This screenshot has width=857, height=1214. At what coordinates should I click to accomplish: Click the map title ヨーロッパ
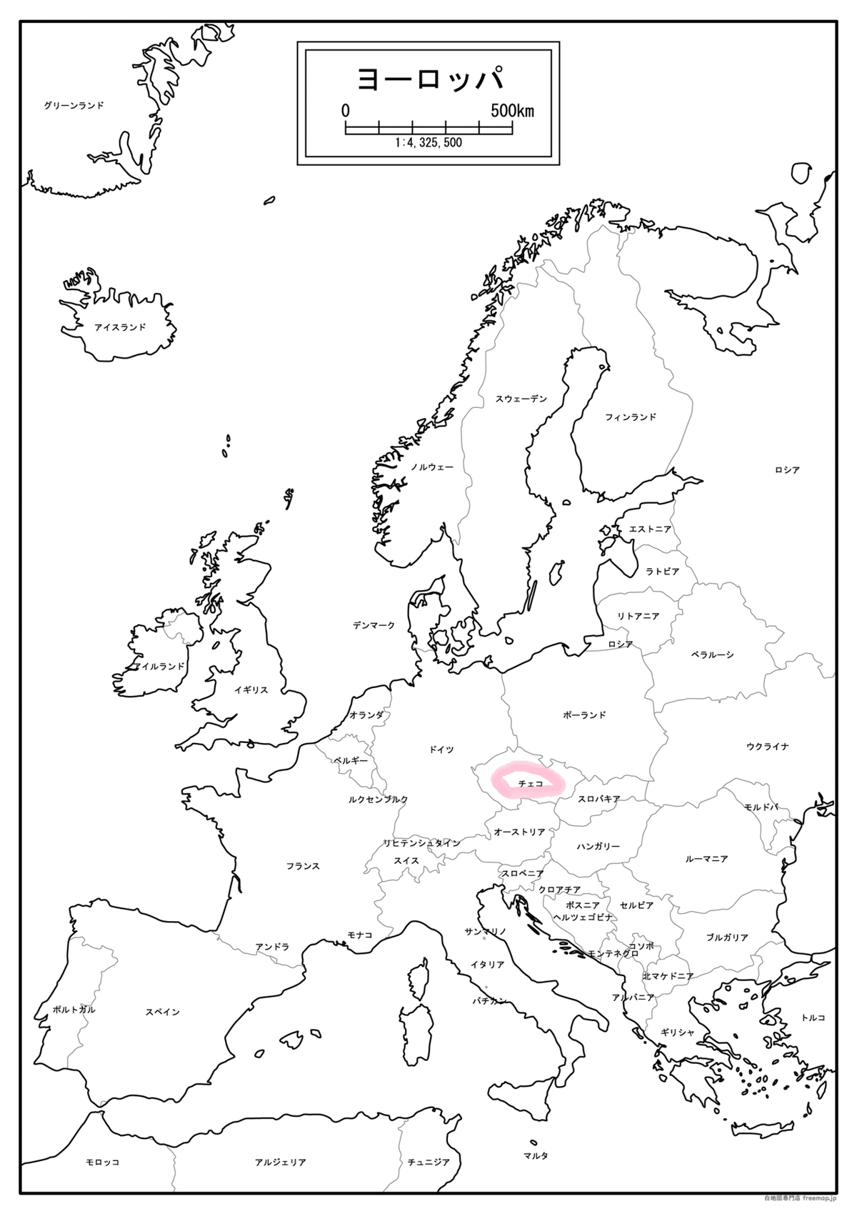[x=429, y=79]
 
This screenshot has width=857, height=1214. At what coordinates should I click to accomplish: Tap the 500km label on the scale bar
[x=511, y=111]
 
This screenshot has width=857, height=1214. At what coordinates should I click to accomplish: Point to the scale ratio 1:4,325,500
[x=428, y=143]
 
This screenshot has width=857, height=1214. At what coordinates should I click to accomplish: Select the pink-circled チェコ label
[x=530, y=784]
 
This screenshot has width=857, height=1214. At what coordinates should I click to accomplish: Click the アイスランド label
[x=120, y=327]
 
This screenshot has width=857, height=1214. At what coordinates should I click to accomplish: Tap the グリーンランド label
[x=74, y=106]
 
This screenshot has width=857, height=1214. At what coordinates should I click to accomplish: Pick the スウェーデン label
[x=521, y=399]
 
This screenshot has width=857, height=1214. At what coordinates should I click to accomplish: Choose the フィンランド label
[x=630, y=417]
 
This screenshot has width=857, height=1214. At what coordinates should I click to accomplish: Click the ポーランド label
[x=584, y=715]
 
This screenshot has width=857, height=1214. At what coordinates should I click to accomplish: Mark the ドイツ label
[x=441, y=750]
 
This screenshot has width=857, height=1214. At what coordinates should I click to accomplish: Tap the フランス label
[x=303, y=866]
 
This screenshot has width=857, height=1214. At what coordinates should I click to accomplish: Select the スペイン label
[x=162, y=1012]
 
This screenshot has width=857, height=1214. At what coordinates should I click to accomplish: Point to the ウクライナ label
[x=768, y=747]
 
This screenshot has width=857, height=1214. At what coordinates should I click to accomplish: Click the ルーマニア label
[x=706, y=859]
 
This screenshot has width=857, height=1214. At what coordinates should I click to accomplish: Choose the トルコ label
[x=813, y=1018]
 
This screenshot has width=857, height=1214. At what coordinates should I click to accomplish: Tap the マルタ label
[x=536, y=1155]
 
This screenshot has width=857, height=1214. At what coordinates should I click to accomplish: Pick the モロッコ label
[x=102, y=1163]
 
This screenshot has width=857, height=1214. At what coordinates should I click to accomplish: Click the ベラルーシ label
[x=712, y=655]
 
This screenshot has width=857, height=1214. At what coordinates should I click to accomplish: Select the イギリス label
[x=251, y=690]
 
